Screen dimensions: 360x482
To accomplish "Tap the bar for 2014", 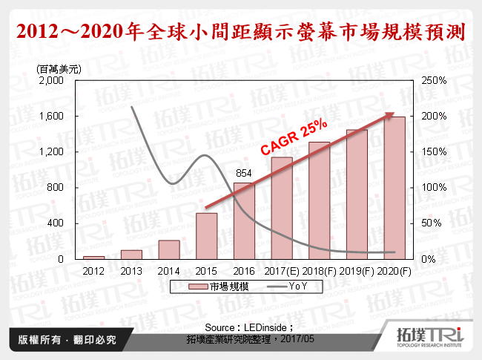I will (x=169, y=249).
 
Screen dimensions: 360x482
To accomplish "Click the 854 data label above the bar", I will (x=244, y=175).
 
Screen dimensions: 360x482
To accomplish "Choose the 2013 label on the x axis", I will (x=131, y=271).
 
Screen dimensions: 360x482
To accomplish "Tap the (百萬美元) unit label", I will (x=59, y=68).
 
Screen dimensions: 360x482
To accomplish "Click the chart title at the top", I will (x=241, y=32).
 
